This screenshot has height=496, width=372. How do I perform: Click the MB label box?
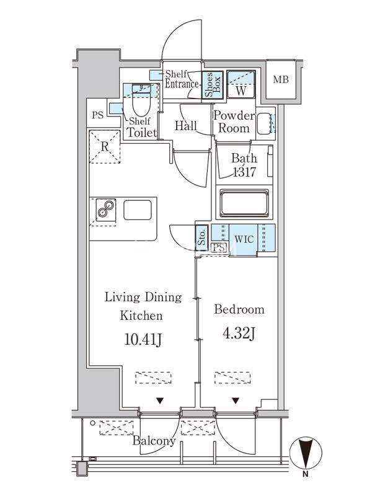(x=281, y=79)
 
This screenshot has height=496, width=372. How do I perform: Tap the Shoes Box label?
(x=213, y=84)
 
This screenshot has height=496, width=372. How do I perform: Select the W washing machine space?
(x=241, y=84)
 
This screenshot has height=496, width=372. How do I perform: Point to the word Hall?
(x=186, y=126)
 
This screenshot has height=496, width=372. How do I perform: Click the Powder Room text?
(x=234, y=122)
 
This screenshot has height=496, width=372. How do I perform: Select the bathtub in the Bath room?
(x=244, y=203)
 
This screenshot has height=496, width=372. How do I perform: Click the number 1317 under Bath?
(x=244, y=172)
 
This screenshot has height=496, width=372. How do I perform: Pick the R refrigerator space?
(x=105, y=146)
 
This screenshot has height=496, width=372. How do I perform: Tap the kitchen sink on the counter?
(x=138, y=210)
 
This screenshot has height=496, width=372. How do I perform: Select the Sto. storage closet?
(x=202, y=237)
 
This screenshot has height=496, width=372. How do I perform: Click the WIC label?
(x=244, y=239)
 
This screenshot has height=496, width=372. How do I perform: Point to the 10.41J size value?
(x=143, y=340)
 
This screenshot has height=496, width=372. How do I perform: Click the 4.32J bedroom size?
(x=239, y=334)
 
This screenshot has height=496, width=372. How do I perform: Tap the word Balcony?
(x=154, y=441)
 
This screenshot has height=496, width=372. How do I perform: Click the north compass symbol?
(x=306, y=453)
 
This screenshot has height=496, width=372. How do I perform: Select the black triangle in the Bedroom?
(x=236, y=401)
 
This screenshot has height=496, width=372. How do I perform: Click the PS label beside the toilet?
(x=98, y=115)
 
